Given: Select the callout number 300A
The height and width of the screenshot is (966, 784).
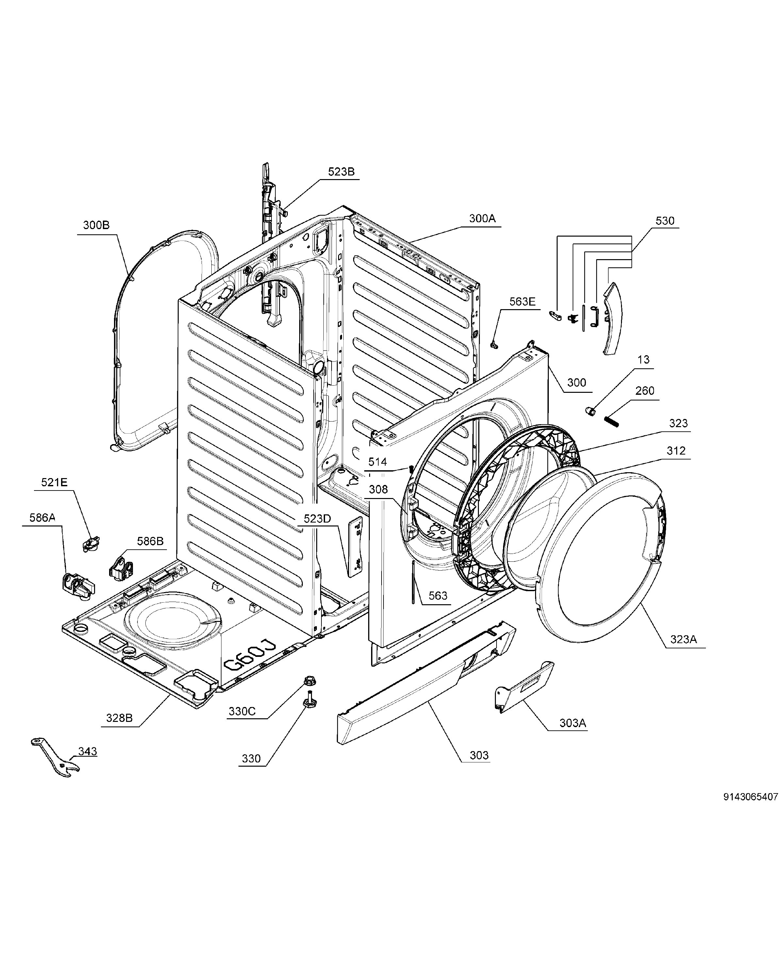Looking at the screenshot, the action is [482, 219].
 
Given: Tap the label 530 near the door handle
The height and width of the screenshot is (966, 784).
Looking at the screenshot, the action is [665, 221].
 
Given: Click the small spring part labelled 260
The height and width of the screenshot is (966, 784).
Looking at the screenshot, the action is [611, 421].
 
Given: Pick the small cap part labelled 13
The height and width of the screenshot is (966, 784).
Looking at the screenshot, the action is [590, 411].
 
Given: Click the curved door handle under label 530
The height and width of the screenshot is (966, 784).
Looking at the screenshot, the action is [613, 319].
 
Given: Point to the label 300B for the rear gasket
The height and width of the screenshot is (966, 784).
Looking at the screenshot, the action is [96, 225].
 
